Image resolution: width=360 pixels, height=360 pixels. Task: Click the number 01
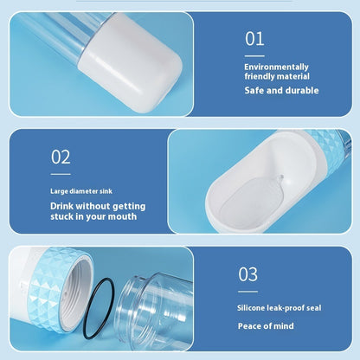[254, 38]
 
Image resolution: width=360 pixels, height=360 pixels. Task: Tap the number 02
[61, 157]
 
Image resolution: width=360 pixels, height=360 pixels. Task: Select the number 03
[247, 274]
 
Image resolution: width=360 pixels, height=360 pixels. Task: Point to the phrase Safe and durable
[281, 90]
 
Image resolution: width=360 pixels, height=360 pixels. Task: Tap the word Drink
[63, 206]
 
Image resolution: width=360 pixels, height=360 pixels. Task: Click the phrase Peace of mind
[266, 326]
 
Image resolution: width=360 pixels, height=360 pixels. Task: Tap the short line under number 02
[59, 171]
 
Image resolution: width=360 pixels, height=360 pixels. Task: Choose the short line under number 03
[247, 291]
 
